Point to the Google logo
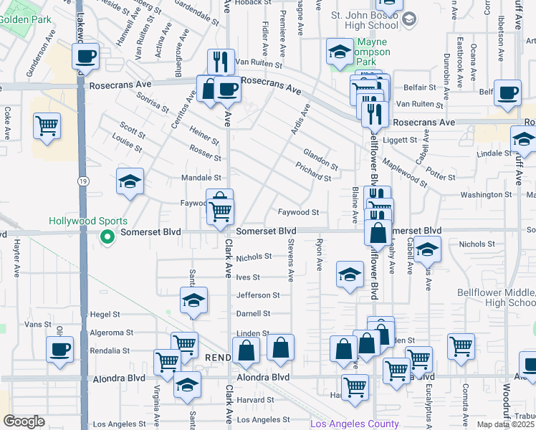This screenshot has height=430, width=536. pyautogui.click(x=24, y=421)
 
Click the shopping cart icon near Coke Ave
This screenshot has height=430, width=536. pyautogui.click(x=47, y=125)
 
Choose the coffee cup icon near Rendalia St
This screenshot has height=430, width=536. pyautogui.click(x=59, y=349)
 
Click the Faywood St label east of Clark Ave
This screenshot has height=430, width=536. pyautogui.click(x=298, y=212)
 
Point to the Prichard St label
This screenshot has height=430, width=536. pyautogui.click(x=313, y=171)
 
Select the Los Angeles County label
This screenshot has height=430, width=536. pyautogui.click(x=354, y=424)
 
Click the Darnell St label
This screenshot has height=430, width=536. pyautogui.click(x=254, y=314)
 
